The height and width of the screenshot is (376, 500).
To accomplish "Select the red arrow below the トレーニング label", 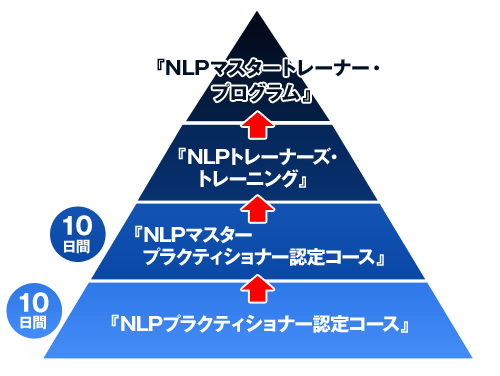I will (257, 207).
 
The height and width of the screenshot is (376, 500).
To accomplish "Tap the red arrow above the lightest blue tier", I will (257, 288).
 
